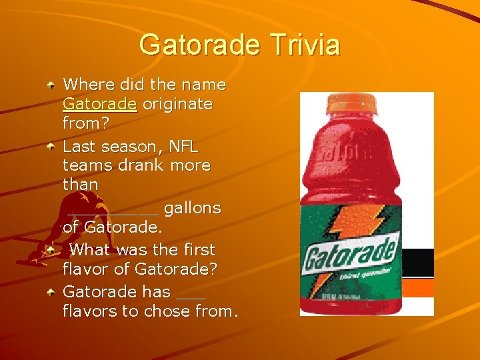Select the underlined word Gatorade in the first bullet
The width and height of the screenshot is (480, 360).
click(100, 105)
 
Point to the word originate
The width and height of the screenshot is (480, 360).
click(177, 105)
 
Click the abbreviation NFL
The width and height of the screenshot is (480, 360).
click(183, 145)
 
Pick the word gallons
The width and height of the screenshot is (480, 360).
click(192, 208)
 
